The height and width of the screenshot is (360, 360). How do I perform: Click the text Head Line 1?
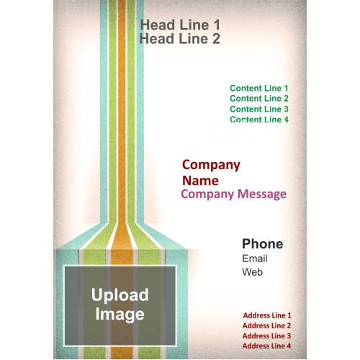[180, 25]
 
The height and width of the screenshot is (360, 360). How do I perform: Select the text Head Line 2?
[180, 39]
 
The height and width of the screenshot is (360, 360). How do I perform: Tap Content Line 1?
[259, 88]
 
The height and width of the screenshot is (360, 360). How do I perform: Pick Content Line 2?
[259, 99]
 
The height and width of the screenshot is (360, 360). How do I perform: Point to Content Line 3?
[259, 109]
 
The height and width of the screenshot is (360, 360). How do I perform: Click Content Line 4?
[259, 120]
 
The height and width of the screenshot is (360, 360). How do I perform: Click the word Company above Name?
[211, 166]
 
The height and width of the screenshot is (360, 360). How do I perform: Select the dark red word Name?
[200, 181]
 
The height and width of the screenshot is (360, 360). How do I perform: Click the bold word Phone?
[263, 244]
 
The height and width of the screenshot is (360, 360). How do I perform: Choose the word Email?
[255, 258]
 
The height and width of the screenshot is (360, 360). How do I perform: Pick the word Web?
[252, 272]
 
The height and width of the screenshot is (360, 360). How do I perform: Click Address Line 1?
[267, 315]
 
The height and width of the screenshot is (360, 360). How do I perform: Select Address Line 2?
[266, 325]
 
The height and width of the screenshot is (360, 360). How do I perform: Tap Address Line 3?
[266, 336]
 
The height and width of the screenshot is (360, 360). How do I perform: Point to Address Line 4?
[266, 346]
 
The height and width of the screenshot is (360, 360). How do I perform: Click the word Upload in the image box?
[120, 295]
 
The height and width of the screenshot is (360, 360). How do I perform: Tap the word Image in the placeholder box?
[120, 315]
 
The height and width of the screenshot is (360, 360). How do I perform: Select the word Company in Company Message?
[207, 194]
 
